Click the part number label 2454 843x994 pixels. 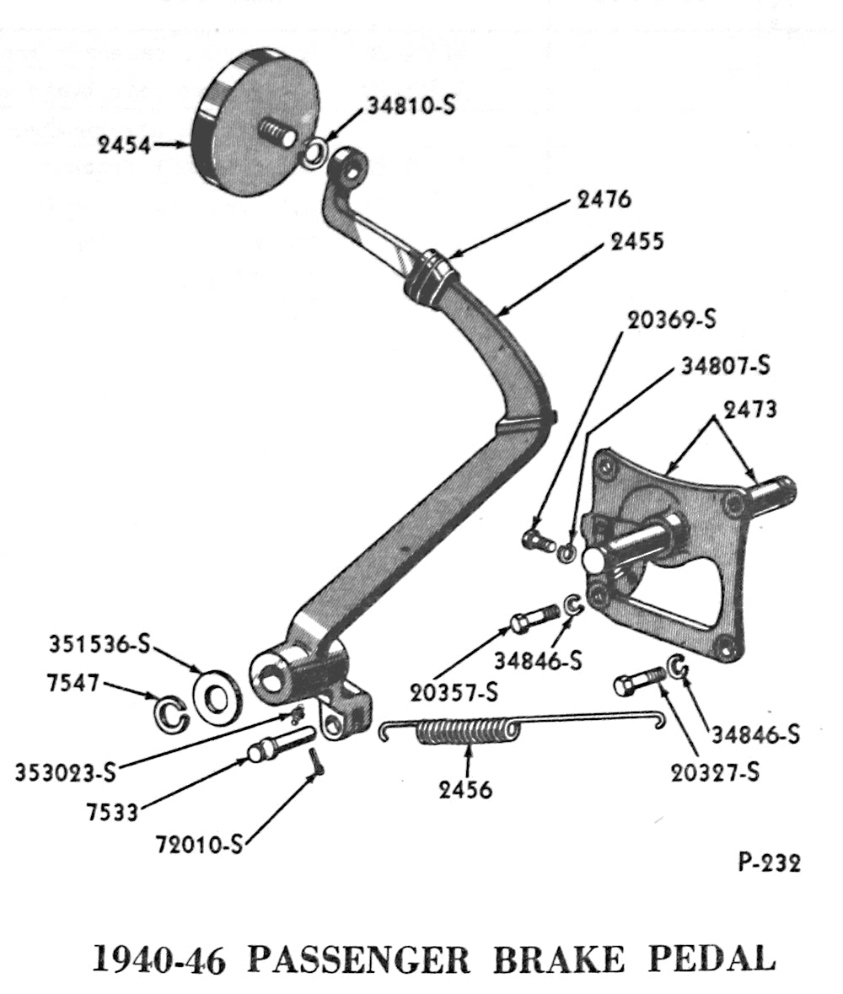click(x=123, y=146)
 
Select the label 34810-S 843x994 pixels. click(x=411, y=107)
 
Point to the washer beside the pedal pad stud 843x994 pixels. click(x=314, y=153)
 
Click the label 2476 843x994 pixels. click(x=604, y=200)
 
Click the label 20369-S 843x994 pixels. click(x=671, y=320)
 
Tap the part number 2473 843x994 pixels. click(x=749, y=411)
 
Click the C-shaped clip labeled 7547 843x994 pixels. click(x=170, y=712)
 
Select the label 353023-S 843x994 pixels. click(x=65, y=771)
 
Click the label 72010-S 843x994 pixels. click(x=199, y=842)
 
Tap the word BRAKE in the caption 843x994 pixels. click(x=574, y=959)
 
